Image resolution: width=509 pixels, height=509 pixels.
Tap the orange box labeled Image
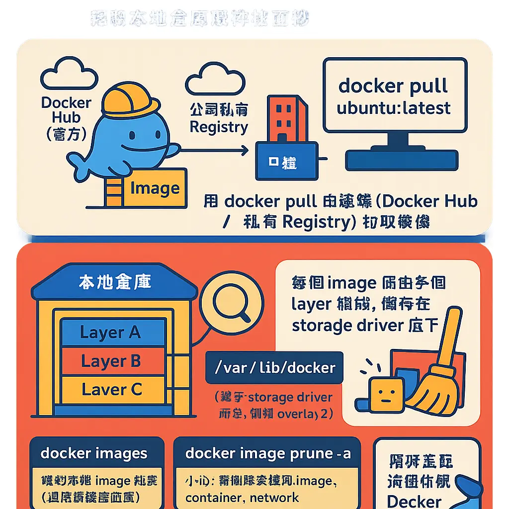point(155,188)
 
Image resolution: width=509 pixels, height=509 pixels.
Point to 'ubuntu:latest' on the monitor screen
point(394,108)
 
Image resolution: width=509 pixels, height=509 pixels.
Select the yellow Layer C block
point(111,389)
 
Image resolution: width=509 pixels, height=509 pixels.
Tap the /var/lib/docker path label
point(274,368)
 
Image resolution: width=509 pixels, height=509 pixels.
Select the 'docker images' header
point(94,453)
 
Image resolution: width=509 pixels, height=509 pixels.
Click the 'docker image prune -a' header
point(268,453)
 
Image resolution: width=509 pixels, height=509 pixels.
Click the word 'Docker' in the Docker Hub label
point(67,103)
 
